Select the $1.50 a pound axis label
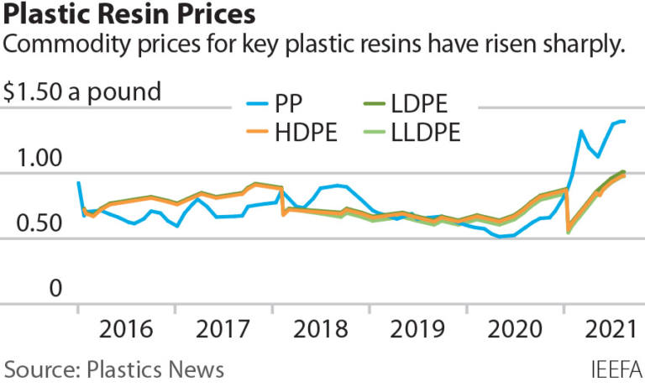pos(81,92)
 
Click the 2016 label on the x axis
pos(126,328)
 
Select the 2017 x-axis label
pos(224,328)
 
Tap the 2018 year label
pos(322,328)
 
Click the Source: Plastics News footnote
pos(114,369)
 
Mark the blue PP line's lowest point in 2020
pos(501,237)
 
